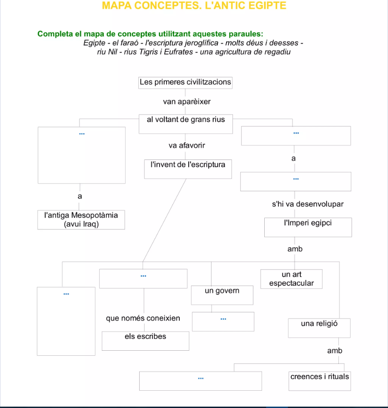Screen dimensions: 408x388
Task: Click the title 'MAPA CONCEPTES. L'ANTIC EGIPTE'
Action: coord(194,6)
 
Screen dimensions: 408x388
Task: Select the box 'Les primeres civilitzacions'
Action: coord(186,83)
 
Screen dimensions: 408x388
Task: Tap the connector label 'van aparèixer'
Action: coord(186,101)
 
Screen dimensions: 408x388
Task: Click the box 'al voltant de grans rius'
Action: coord(186,124)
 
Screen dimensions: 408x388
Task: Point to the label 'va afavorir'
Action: coord(186,146)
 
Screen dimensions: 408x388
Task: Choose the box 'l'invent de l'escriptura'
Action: coord(188,169)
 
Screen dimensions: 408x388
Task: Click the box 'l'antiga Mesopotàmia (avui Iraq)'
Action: coord(81,220)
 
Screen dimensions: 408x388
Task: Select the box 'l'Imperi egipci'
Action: coord(308,227)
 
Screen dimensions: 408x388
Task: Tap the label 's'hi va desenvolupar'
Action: coord(307,204)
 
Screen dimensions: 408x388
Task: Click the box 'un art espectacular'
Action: coord(292,279)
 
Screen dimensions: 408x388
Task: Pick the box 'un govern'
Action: coord(222,295)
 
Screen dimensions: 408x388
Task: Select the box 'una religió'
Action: coord(319,328)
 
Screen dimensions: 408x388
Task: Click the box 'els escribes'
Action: coord(145,341)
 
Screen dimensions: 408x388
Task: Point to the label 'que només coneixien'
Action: coord(143,318)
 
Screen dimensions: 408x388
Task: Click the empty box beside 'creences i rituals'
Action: coord(200,381)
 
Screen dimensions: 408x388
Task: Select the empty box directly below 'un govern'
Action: coord(223,321)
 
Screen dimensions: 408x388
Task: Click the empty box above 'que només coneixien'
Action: coord(143,279)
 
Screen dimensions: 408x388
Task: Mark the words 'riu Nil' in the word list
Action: coord(107,52)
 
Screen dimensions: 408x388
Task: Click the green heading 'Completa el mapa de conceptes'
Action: coord(150,34)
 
